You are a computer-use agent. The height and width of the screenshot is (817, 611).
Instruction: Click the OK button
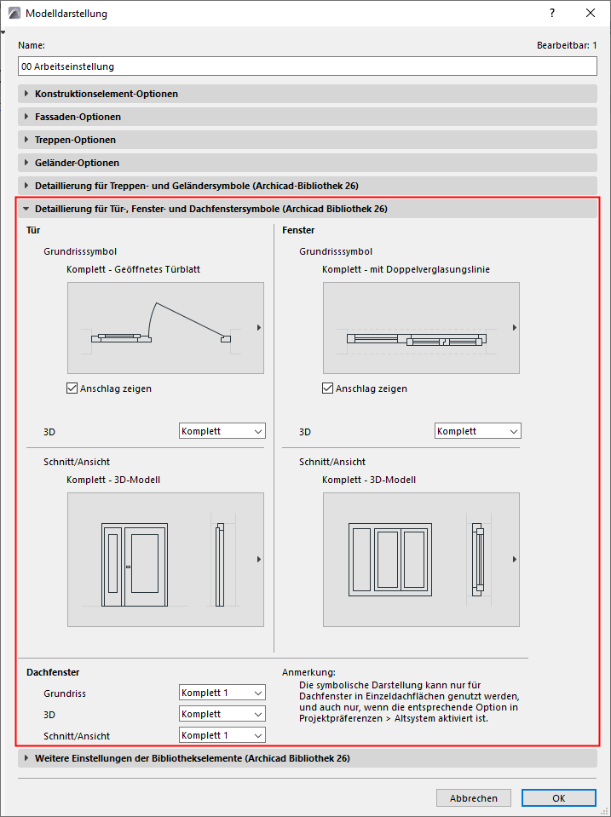pyautogui.click(x=558, y=798)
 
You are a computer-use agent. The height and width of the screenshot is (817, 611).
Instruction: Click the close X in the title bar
pyautogui.click(x=591, y=14)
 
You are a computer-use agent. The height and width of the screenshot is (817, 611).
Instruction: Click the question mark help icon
pyautogui.click(x=552, y=14)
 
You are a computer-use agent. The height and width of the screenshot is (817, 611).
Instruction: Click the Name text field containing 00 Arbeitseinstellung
pyautogui.click(x=307, y=66)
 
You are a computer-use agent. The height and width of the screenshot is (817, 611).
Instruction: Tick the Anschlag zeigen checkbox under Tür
pyautogui.click(x=72, y=388)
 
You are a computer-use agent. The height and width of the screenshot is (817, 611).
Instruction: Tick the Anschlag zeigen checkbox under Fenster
pyautogui.click(x=328, y=388)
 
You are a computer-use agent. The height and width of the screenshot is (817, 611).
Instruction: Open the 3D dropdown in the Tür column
pyautogui.click(x=222, y=431)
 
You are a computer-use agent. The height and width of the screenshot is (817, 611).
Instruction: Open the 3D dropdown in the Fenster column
pyautogui.click(x=477, y=431)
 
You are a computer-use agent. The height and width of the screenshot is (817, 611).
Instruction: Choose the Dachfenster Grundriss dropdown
pyautogui.click(x=222, y=693)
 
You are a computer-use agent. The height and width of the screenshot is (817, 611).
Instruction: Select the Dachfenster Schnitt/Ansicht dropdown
pyautogui.click(x=222, y=735)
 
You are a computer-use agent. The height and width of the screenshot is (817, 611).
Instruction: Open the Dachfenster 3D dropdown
pyautogui.click(x=222, y=714)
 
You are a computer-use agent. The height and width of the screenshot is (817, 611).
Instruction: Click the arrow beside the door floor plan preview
pyautogui.click(x=258, y=327)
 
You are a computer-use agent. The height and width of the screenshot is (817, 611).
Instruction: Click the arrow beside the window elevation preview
pyautogui.click(x=514, y=559)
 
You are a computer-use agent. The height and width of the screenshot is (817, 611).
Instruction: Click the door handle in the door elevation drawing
pyautogui.click(x=128, y=567)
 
